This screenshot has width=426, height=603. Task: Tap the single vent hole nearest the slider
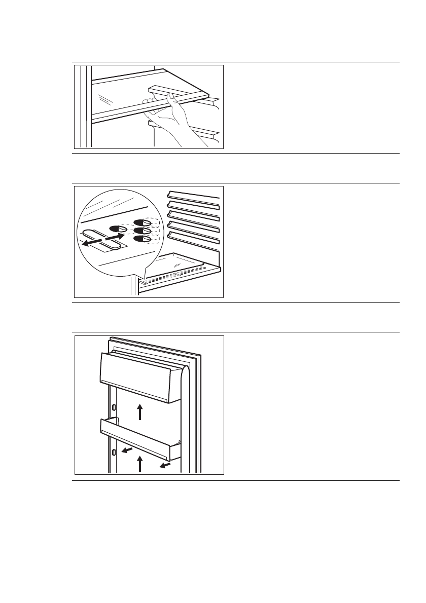123,229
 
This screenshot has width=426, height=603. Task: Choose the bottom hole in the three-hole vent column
141,239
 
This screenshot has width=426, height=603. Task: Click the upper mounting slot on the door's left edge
114,407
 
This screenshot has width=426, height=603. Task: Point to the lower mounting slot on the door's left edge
114,451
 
